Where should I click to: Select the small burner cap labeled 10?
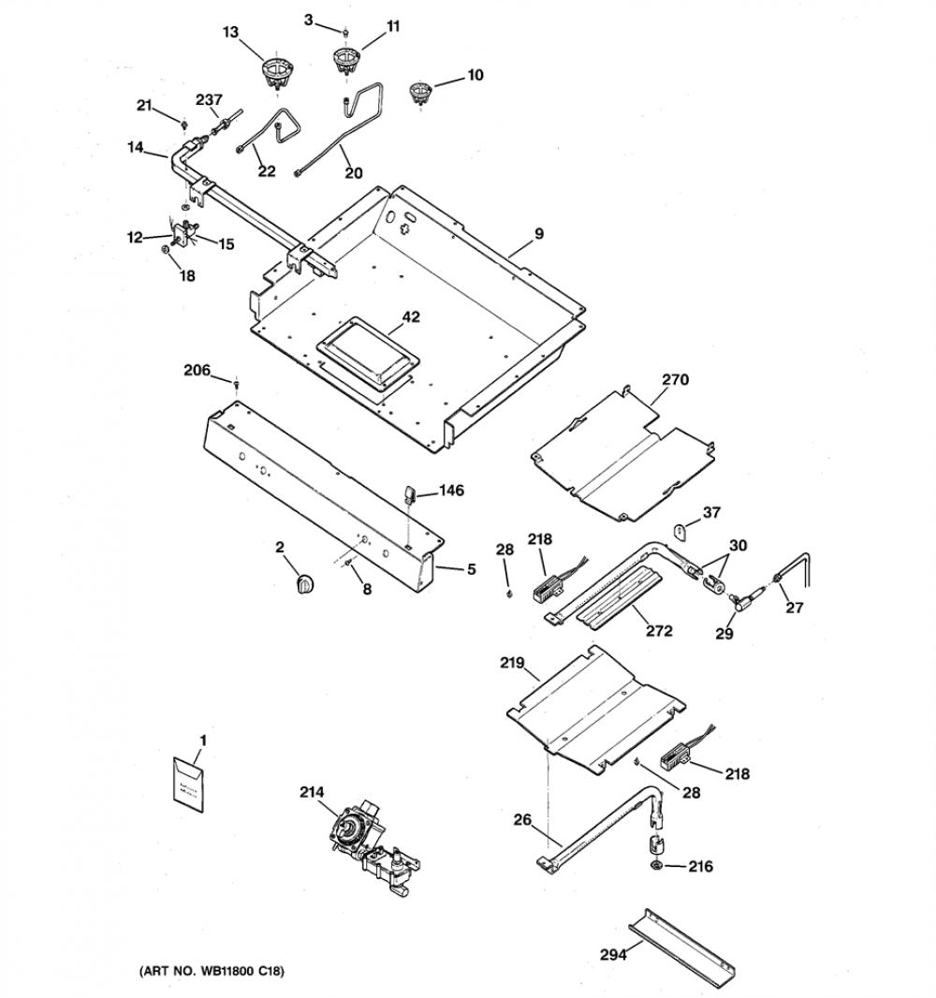[419, 93]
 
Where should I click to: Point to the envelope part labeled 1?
[190, 785]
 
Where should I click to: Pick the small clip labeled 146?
[408, 494]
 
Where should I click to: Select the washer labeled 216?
[655, 866]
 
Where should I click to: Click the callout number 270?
[675, 380]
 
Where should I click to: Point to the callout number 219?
[512, 663]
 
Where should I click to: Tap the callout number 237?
[209, 100]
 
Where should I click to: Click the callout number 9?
[539, 234]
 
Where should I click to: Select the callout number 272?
[659, 631]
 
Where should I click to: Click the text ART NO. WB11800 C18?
[212, 971]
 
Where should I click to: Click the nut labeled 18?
[164, 249]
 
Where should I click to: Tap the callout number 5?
[471, 569]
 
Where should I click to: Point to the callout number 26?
[522, 820]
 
